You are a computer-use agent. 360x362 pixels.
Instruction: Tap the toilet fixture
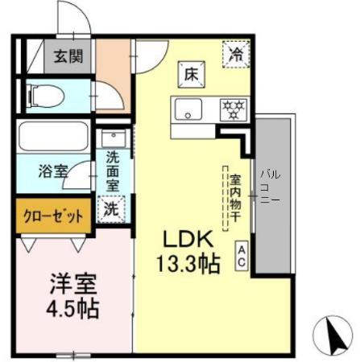(x=43, y=96)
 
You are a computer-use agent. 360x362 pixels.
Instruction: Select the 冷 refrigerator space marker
(x=236, y=55)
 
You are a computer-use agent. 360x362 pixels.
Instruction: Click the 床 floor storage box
(x=192, y=73)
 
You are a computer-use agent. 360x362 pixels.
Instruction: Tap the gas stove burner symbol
(x=234, y=108)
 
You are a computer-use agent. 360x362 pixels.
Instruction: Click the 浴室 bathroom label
(x=53, y=171)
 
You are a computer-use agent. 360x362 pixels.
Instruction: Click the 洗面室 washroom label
(x=112, y=171)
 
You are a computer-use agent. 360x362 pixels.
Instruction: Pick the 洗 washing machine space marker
(x=112, y=208)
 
